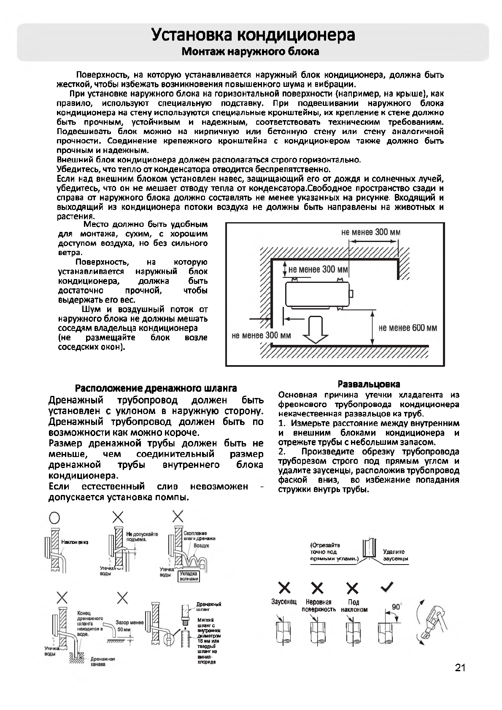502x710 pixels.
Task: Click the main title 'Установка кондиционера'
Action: (253, 35)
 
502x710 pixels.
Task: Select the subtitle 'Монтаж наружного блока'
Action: (250, 52)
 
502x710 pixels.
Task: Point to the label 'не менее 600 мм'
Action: (408, 328)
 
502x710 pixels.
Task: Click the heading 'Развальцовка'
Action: (369, 384)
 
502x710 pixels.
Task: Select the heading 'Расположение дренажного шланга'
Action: (156, 388)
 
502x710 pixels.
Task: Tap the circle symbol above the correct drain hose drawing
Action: (54, 517)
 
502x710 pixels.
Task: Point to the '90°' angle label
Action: (397, 607)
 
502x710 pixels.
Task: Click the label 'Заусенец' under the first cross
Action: (284, 602)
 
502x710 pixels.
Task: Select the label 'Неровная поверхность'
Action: (318, 606)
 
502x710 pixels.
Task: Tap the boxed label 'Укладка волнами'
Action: (188, 576)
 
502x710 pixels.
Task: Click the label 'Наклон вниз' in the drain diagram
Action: (75, 542)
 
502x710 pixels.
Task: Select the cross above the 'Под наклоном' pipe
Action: (353, 588)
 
